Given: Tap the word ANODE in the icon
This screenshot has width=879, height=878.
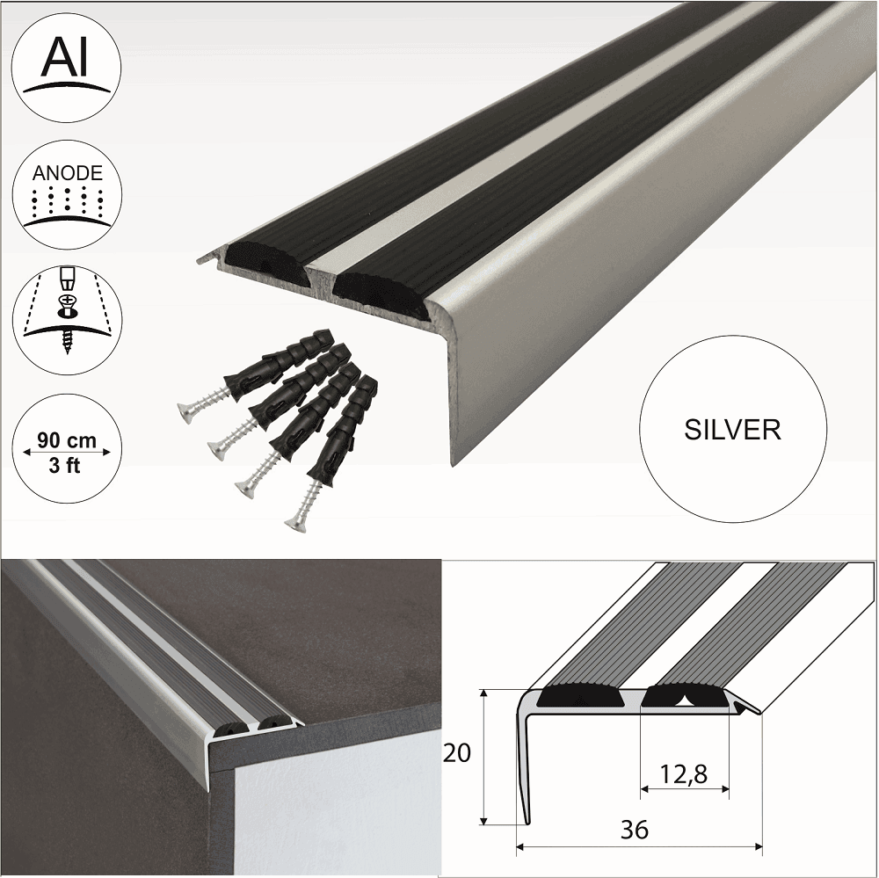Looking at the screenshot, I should click(67, 172).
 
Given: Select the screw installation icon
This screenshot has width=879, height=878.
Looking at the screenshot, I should click(67, 312).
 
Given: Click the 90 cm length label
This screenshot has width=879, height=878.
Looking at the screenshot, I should click(67, 437).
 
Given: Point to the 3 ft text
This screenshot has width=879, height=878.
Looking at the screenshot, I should click(67, 466).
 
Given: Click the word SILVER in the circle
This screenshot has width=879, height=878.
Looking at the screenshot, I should click(731, 429).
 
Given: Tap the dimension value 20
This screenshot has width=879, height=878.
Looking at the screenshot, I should click(458, 753).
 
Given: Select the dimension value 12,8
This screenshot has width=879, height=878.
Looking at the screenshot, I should click(685, 773).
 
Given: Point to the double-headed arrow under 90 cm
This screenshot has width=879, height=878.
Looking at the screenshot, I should click(67, 452).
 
